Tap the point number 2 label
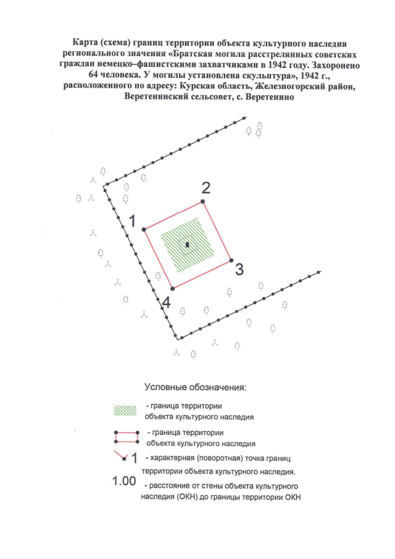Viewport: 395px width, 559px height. click(207, 187)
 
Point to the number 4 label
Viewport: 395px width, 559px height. click(165, 303)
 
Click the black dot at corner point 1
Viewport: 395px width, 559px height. click(144, 229)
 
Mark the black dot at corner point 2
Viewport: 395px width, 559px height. click(203, 201)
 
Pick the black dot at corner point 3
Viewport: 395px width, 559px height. click(231, 260)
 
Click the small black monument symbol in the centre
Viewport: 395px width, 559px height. click(187, 245)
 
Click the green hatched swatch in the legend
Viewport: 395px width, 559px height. click(127, 411)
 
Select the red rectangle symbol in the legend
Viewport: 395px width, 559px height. click(127, 438)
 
